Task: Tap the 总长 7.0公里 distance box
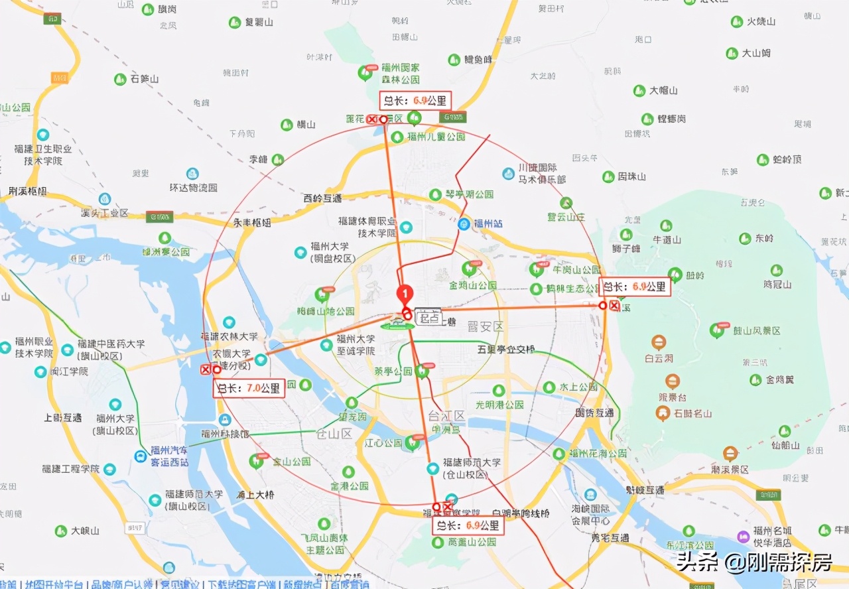point(249,388)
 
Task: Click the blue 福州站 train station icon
point(466,224)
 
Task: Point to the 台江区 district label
point(447,416)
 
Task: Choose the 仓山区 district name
point(334,434)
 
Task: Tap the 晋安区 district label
point(486,326)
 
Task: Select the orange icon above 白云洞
point(659,342)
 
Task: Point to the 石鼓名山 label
point(692,414)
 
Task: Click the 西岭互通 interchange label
point(322,198)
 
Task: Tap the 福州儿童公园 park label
point(436,137)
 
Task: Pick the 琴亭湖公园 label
point(469,194)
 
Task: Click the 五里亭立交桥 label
point(505,348)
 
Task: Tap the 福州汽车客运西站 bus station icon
point(141,456)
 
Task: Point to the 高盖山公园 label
point(472,542)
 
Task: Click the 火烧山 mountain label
point(761,21)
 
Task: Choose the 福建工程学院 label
point(70,469)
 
